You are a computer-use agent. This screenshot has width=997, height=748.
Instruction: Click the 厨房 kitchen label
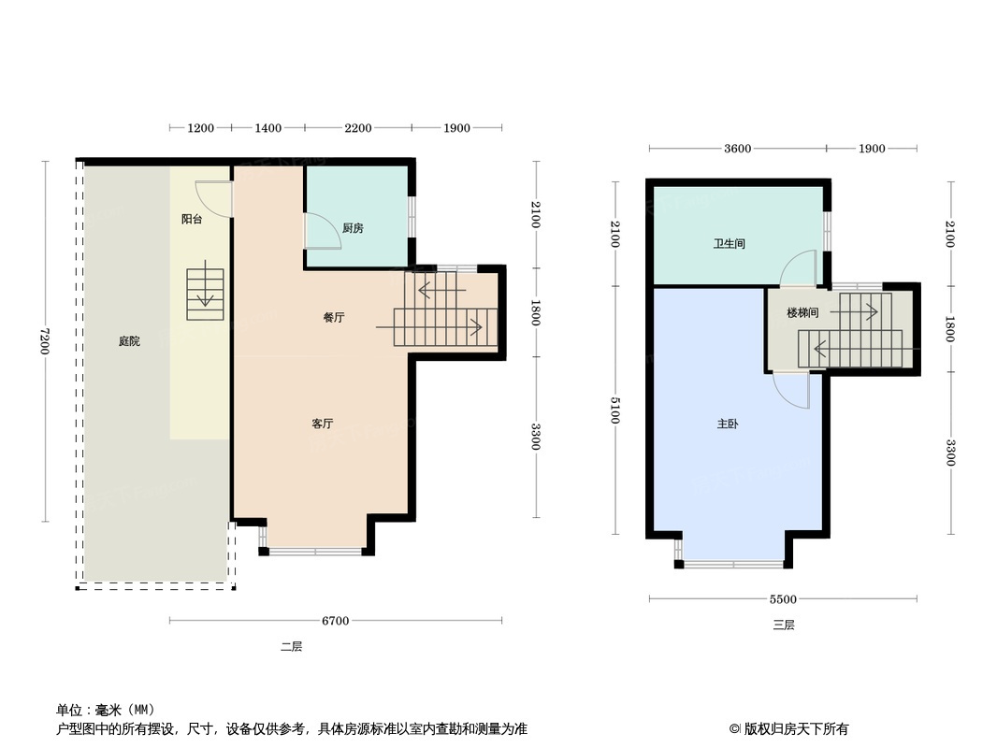(x=353, y=228)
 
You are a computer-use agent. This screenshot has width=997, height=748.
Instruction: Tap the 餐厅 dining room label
(x=333, y=318)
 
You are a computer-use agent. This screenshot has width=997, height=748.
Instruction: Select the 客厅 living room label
(x=323, y=424)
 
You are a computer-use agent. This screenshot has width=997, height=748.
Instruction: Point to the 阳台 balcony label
(x=192, y=219)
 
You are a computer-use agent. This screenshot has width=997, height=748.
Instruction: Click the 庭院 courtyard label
(x=129, y=341)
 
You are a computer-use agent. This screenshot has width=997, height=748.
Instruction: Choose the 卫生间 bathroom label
(x=729, y=244)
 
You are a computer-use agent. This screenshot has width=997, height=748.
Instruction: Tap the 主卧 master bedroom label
(x=728, y=424)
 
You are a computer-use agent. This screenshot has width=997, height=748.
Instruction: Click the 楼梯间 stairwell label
(x=802, y=312)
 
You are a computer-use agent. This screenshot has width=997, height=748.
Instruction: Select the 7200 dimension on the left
(x=45, y=341)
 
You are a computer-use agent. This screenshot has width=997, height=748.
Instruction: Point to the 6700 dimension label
(x=335, y=621)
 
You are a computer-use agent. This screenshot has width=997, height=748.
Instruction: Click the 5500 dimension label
(x=783, y=599)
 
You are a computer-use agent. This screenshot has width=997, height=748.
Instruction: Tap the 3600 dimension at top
(x=738, y=149)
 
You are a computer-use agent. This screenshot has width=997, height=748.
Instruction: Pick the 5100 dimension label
(x=614, y=410)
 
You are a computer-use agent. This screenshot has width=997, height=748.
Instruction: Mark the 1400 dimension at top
(x=267, y=128)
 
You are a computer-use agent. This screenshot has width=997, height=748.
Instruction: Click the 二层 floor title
(x=291, y=647)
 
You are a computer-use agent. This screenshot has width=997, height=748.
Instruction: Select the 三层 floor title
(x=784, y=626)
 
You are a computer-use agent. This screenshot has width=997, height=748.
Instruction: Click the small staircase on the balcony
(x=205, y=295)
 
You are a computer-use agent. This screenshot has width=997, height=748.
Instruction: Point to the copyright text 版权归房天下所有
(x=796, y=729)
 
